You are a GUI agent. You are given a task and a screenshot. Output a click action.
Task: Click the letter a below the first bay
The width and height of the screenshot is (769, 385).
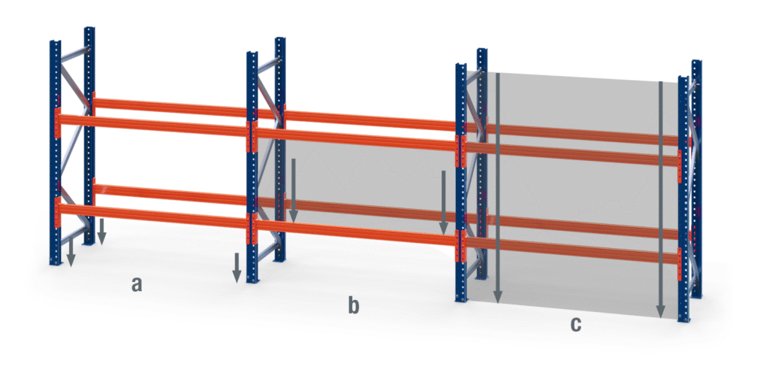click(x=137, y=283)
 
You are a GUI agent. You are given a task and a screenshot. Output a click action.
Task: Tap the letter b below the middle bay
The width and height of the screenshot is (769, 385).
click(x=354, y=305)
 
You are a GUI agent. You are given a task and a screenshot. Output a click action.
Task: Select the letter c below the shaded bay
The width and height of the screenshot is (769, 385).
click(x=576, y=324)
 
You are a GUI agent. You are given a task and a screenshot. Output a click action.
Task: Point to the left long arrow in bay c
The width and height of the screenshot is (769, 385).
click(x=498, y=188)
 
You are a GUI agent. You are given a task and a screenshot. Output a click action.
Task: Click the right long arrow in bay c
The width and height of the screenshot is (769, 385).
click(x=661, y=199)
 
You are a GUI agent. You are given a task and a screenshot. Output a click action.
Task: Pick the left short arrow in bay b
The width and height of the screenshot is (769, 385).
click(x=294, y=190)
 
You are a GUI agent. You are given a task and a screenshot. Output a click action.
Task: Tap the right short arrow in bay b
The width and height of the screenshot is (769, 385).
click(x=443, y=202)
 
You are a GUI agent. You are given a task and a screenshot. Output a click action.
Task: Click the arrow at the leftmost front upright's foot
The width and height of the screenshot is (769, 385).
click(x=71, y=253)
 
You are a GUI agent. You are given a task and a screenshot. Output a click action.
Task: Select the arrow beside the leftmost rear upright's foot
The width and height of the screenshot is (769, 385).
click(x=101, y=232)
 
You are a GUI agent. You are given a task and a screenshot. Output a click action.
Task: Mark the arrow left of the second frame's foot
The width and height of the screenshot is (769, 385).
click(x=237, y=268)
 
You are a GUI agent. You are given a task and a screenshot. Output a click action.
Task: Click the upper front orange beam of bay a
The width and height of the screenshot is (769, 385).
click(x=153, y=126)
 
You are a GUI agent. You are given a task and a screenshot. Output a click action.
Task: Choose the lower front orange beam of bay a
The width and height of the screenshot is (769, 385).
click(x=153, y=216)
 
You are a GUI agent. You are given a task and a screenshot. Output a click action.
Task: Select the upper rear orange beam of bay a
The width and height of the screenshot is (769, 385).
click(x=170, y=108)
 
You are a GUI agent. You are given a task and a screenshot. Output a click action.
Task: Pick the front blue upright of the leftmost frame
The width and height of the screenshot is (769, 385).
click(x=56, y=153)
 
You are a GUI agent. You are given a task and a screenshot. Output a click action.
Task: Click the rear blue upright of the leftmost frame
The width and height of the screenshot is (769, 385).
click(x=89, y=135)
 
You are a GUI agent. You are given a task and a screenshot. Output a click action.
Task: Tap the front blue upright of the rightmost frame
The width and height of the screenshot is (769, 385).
click(x=683, y=199)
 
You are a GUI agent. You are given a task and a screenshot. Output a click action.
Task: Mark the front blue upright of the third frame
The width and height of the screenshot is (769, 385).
click(x=461, y=182)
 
